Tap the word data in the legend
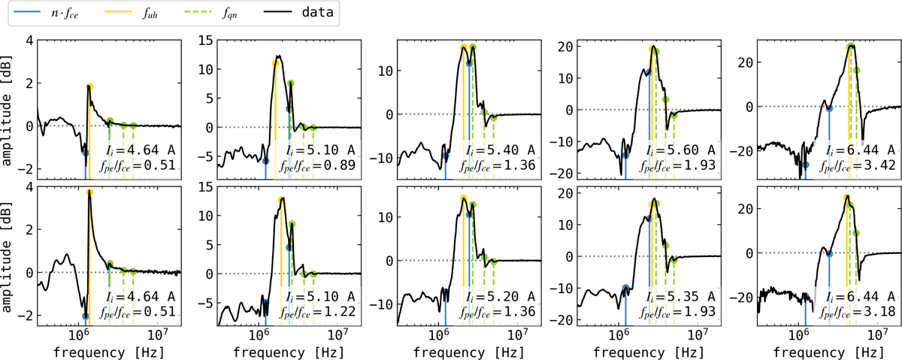point(310,14)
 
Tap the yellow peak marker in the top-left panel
point(89,87)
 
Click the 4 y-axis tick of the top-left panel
point(27,40)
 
